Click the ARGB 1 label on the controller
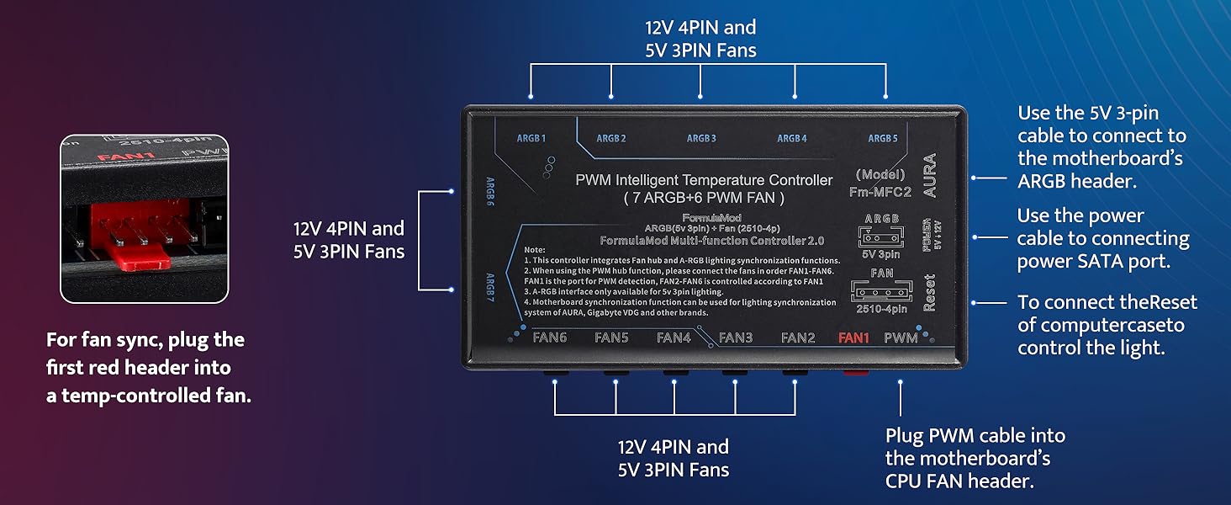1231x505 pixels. pyautogui.click(x=531, y=138)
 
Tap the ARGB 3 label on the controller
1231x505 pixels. pyautogui.click(x=701, y=138)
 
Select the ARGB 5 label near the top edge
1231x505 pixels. pyautogui.click(x=883, y=138)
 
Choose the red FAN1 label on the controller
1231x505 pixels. pyautogui.click(x=853, y=338)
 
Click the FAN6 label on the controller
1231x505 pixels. pyautogui.click(x=550, y=338)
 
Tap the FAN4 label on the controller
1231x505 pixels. pyautogui.click(x=674, y=338)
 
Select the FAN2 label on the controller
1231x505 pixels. pyautogui.click(x=798, y=338)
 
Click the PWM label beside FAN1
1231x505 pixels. pyautogui.click(x=901, y=338)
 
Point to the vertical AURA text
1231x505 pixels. pyautogui.click(x=929, y=175)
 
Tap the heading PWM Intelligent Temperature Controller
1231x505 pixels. pyautogui.click(x=704, y=180)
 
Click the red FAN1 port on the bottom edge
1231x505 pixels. pyautogui.click(x=853, y=372)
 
